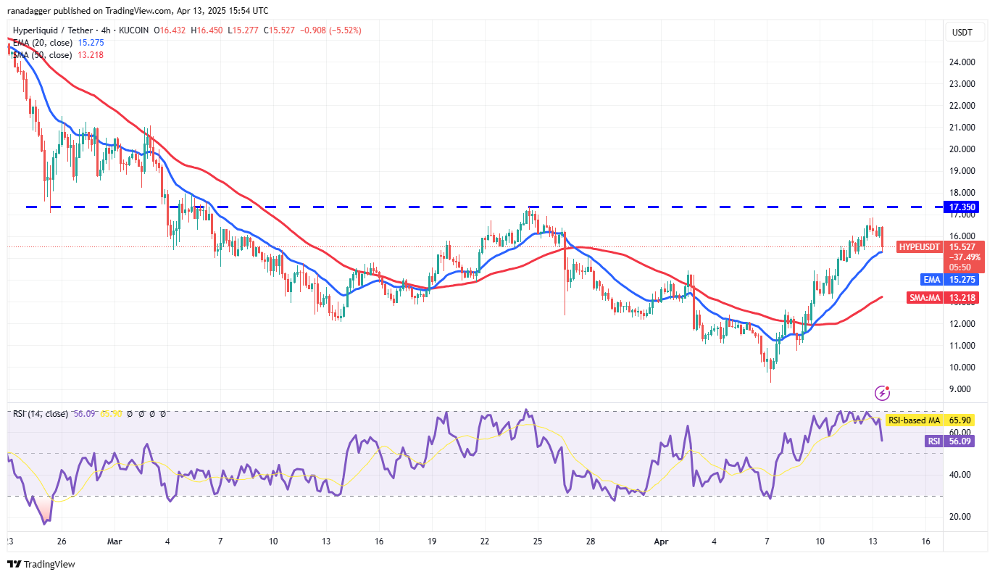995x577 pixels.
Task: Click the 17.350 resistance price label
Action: [x=965, y=207]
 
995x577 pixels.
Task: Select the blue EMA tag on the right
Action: [x=931, y=278]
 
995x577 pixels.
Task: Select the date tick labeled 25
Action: [x=537, y=541]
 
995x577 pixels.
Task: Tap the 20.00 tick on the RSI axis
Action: [x=961, y=517]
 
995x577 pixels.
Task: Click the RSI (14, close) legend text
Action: [x=40, y=414]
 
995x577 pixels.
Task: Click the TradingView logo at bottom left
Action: [x=41, y=564]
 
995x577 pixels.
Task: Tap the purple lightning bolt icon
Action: [x=883, y=393]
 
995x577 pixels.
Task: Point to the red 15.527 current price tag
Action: [x=965, y=247]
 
